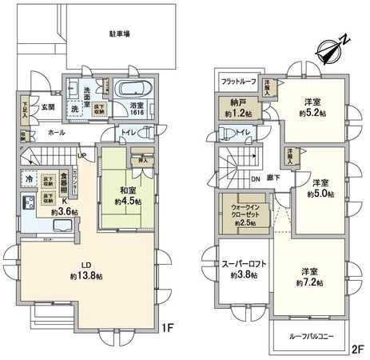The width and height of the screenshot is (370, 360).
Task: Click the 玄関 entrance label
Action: tap(49, 106)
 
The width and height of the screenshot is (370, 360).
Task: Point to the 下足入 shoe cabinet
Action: tap(26, 107)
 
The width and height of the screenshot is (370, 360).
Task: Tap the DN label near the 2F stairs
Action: tap(256, 178)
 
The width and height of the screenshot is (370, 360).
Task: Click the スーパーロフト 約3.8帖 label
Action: tap(237, 270)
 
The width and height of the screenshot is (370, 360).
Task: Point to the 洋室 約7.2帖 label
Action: tap(309, 278)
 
